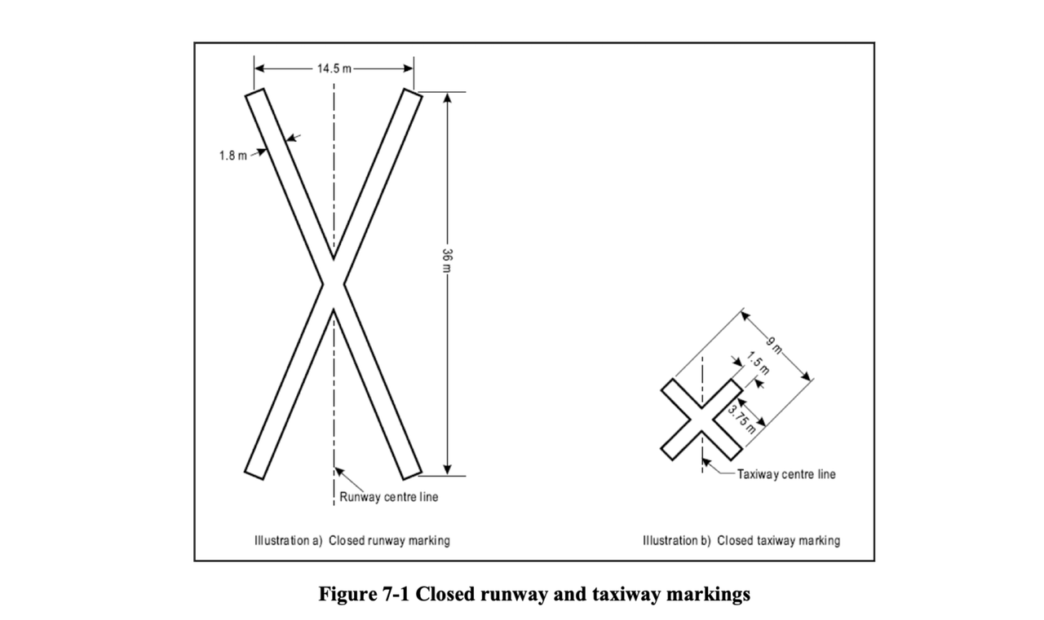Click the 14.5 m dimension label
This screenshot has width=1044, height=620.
coord(333,68)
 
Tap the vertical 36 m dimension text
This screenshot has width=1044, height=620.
coord(447,260)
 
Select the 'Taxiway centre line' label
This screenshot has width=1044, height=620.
coord(786,473)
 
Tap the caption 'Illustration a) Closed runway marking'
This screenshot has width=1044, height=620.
coord(352,540)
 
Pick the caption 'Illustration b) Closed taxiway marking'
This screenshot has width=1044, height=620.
coord(741,540)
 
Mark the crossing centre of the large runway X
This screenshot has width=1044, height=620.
coord(333,284)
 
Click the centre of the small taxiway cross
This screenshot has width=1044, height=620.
coord(701,420)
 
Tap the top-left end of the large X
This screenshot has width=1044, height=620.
coord(254,95)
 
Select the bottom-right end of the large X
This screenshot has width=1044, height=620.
coord(412,473)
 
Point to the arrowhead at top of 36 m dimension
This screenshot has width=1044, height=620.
coord(447,97)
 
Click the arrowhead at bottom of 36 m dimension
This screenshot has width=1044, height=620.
coord(447,469)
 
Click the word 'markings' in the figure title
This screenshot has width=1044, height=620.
coord(708,595)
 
